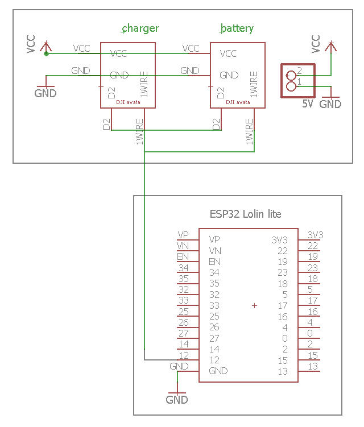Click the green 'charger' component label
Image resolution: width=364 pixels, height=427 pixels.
[140, 28]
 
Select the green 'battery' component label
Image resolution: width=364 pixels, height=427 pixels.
[237, 28]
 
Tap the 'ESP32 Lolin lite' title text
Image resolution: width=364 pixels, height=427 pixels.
[245, 214]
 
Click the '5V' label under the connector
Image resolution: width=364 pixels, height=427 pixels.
[308, 104]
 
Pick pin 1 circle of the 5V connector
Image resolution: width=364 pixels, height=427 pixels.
[292, 86]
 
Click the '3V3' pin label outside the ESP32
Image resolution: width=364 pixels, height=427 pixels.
[315, 235]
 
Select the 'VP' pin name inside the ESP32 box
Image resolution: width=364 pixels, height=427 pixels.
[214, 239]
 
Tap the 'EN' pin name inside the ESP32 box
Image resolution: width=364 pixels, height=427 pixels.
[214, 262]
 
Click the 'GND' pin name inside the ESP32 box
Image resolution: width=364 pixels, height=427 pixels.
[218, 371]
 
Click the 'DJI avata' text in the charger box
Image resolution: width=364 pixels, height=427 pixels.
[127, 103]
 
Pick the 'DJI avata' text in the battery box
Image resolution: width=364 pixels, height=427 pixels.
[238, 103]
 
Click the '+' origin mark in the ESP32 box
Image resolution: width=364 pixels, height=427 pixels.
[254, 306]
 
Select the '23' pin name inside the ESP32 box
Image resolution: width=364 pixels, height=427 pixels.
[283, 272]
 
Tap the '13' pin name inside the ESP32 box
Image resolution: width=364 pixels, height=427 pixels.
[283, 371]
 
